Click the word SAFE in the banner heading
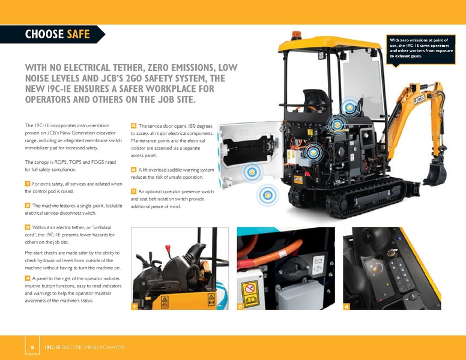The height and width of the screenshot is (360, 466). (x=78, y=34)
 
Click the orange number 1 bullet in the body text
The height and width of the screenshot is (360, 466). (x=28, y=183)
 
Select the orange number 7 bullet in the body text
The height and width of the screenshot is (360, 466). (x=133, y=191)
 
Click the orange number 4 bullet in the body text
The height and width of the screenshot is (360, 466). (x=28, y=278)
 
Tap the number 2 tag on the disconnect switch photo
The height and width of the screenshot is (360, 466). (x=240, y=307)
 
